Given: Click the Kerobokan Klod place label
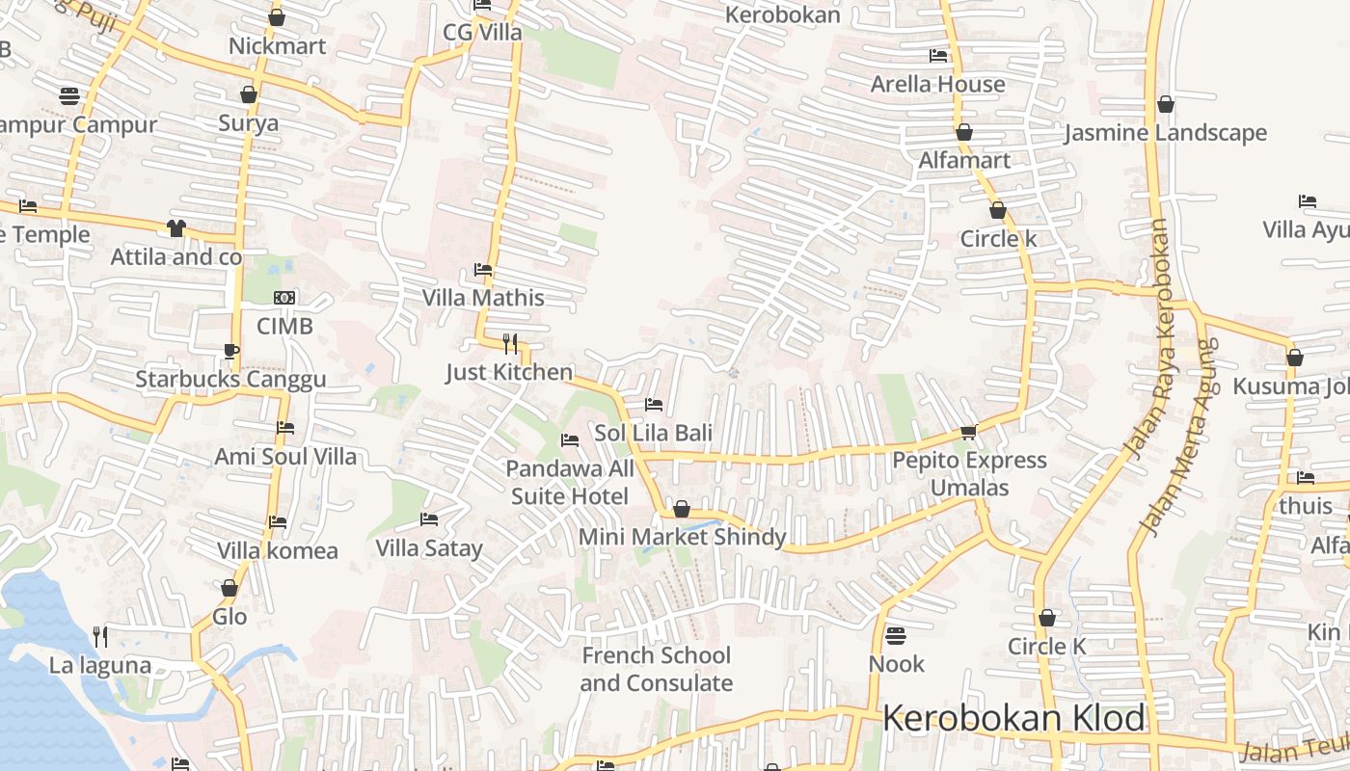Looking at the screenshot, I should pyautogui.click(x=1013, y=719).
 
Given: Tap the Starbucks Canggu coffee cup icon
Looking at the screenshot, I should pyautogui.click(x=230, y=351).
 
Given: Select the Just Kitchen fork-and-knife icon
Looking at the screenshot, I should pyautogui.click(x=510, y=343).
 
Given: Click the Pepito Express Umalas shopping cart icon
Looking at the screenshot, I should pyautogui.click(x=969, y=432).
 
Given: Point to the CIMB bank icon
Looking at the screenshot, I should pyautogui.click(x=284, y=298).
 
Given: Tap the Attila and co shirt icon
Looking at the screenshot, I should pyautogui.click(x=175, y=228).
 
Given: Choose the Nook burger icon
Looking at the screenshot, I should pyautogui.click(x=896, y=636).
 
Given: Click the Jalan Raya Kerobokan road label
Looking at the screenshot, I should pyautogui.click(x=1147, y=338).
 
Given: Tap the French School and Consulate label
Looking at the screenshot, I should pyautogui.click(x=657, y=669).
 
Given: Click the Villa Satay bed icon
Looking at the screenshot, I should pyautogui.click(x=429, y=519).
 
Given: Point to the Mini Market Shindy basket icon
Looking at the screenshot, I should pyautogui.click(x=682, y=509).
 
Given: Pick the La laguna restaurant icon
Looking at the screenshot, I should pyautogui.click(x=99, y=636).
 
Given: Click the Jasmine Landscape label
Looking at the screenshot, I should pyautogui.click(x=1165, y=133).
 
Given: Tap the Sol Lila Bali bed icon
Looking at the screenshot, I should pyautogui.click(x=654, y=405).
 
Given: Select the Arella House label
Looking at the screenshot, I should pyautogui.click(x=937, y=84).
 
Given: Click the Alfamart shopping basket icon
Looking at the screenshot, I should pyautogui.click(x=963, y=132).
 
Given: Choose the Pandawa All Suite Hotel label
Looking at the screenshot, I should pyautogui.click(x=570, y=482).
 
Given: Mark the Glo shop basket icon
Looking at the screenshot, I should pyautogui.click(x=229, y=588).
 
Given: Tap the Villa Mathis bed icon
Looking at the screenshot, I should pyautogui.click(x=483, y=270).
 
